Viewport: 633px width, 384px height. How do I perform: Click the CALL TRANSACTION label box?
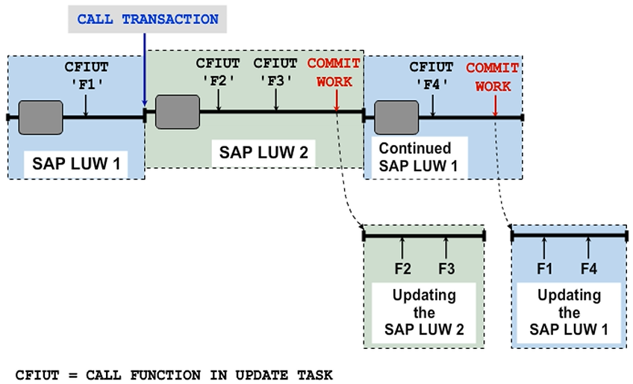[148, 19]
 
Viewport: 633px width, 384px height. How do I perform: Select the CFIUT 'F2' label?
[218, 71]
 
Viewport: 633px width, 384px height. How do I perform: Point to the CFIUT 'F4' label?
[432, 75]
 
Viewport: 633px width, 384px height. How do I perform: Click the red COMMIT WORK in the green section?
[334, 72]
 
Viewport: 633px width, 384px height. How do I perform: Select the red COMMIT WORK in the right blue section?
[493, 77]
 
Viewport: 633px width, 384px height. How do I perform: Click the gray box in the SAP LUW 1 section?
[40, 117]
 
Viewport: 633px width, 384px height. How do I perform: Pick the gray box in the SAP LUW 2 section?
[175, 111]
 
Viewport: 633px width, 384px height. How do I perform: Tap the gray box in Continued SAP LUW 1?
[396, 117]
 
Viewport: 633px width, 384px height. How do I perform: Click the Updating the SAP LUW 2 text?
[424, 312]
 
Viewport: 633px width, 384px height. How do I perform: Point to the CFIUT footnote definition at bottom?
[174, 374]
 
